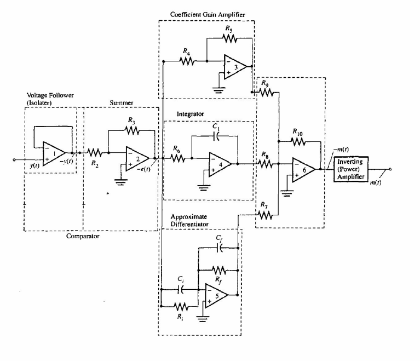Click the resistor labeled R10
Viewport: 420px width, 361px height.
pos(297,141)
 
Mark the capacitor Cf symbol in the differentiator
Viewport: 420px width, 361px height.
pos(220,248)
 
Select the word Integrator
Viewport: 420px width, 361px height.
pos(189,114)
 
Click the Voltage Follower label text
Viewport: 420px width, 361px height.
pos(49,95)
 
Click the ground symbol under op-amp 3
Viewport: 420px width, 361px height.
pos(219,90)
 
